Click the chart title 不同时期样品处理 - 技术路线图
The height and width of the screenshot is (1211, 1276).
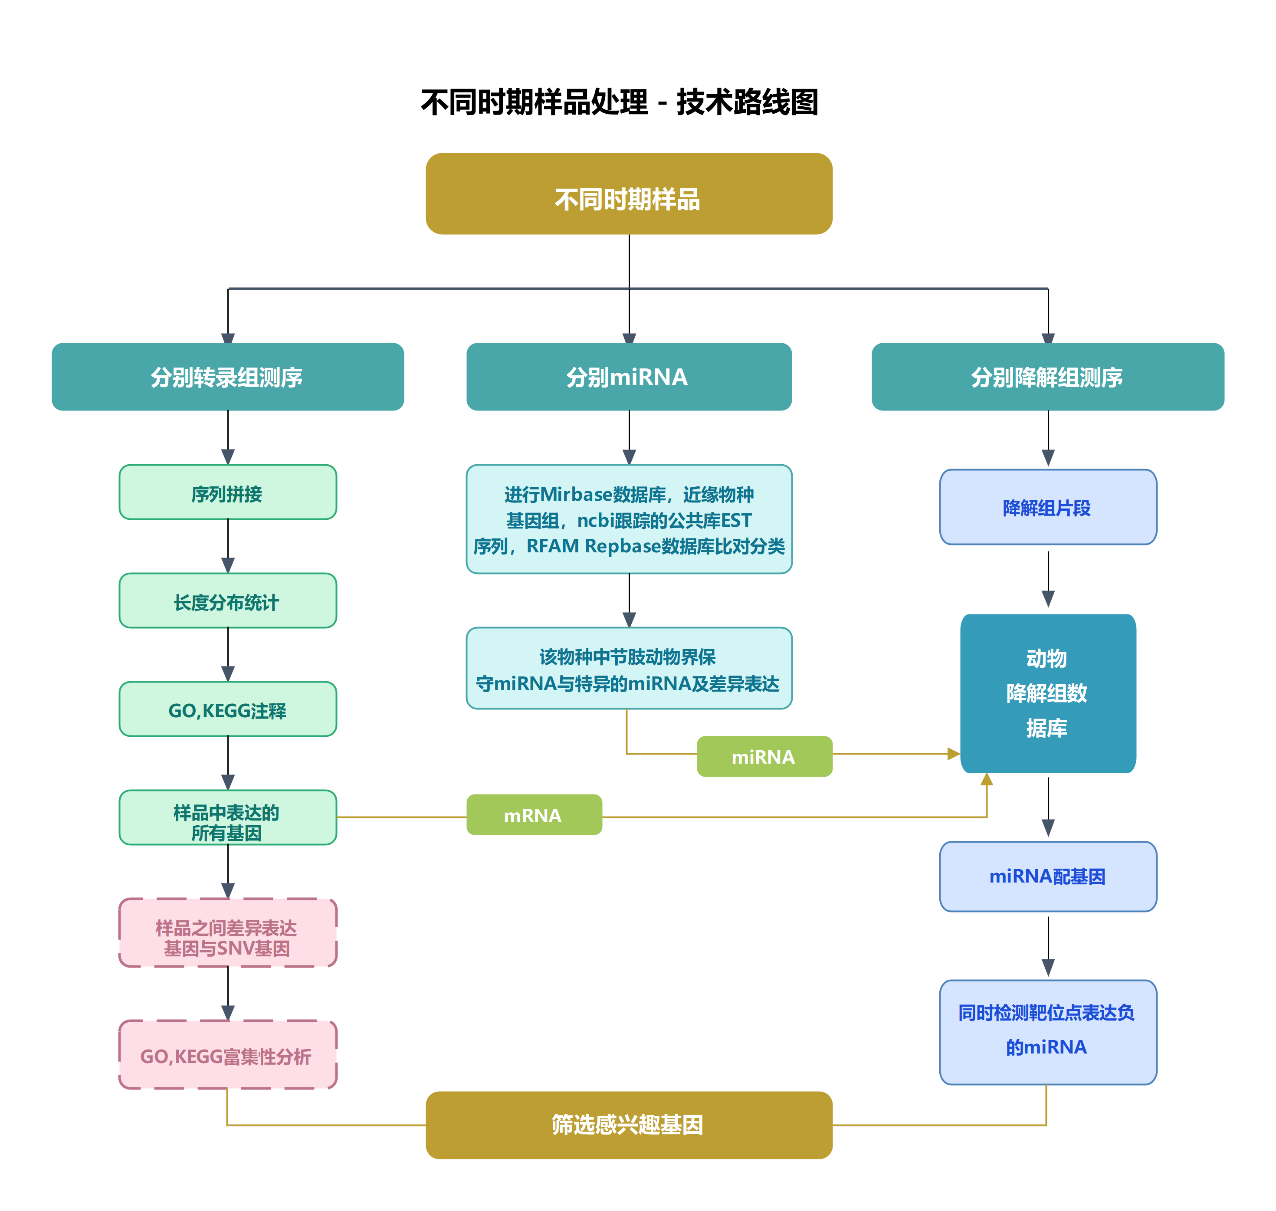(619, 102)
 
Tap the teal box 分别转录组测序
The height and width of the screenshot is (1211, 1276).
(227, 377)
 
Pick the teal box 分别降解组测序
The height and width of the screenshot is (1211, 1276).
(1047, 377)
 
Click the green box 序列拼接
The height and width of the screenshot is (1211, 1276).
(227, 492)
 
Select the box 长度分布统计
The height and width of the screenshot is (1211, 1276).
(227, 601)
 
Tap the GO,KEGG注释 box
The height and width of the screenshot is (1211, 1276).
(227, 709)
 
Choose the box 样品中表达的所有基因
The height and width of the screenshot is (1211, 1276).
(227, 818)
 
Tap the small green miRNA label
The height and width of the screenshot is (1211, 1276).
(764, 757)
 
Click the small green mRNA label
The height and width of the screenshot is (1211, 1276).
(534, 815)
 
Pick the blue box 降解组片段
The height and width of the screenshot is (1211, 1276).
(1047, 507)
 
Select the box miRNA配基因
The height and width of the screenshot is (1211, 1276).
(1047, 876)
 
